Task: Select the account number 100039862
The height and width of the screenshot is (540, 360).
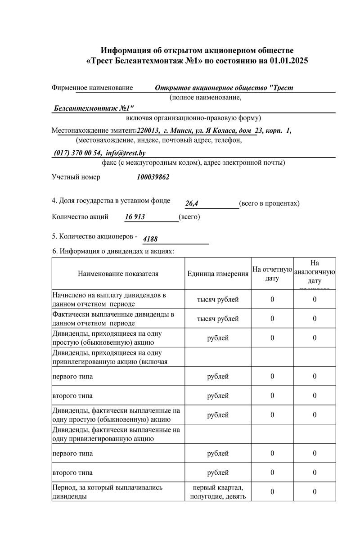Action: point(153,177)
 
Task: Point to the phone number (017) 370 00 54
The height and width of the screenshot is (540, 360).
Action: point(78,153)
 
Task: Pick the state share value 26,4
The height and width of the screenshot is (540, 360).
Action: point(192,204)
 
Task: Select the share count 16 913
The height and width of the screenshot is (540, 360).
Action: point(135,217)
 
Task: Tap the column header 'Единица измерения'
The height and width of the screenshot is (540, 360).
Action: point(218,274)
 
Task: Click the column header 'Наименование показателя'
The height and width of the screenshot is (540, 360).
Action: point(118,274)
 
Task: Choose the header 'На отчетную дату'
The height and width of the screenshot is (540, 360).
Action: point(272,274)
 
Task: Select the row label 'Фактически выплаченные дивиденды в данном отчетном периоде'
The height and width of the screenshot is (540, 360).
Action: point(113,319)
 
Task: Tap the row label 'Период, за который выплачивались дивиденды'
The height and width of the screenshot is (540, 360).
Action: point(107,492)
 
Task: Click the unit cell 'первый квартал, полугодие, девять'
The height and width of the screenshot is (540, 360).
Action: point(218,492)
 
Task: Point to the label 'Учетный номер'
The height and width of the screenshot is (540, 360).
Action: point(76,177)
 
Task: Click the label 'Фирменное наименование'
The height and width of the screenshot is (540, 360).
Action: point(92,88)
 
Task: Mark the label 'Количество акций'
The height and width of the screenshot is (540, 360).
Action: point(80,217)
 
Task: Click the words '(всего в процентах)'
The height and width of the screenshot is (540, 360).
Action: point(269,203)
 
